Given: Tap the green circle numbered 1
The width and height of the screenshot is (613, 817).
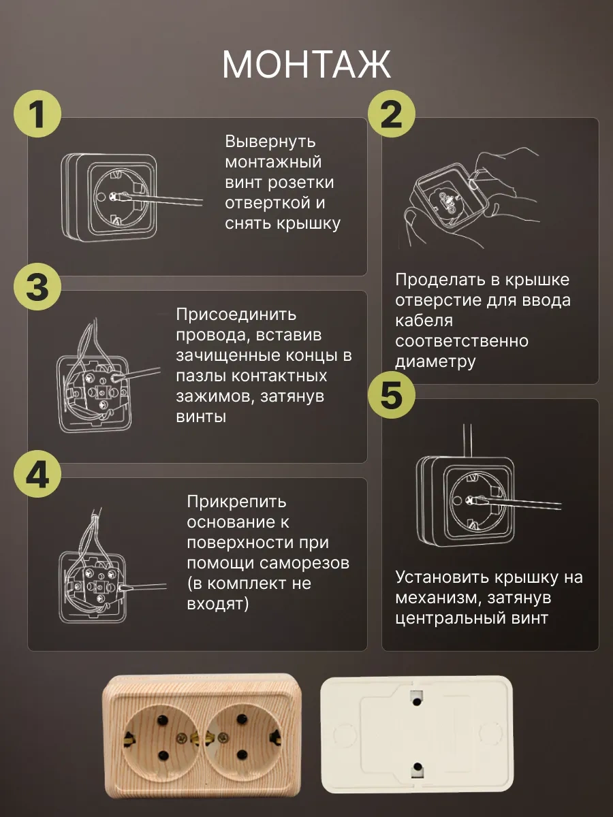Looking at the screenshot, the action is [x=37, y=114].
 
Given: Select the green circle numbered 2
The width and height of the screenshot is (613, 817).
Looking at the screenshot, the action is [x=392, y=114].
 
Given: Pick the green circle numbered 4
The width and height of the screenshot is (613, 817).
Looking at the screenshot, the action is [x=37, y=474].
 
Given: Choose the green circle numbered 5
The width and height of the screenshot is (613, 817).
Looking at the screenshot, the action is [x=392, y=394].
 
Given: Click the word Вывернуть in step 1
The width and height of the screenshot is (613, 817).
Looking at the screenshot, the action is [x=270, y=142].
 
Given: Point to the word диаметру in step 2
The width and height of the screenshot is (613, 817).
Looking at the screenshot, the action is [x=435, y=362].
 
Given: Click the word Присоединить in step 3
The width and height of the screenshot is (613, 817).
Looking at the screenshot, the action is [x=236, y=315].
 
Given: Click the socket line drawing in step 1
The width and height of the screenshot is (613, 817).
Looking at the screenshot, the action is [x=131, y=197].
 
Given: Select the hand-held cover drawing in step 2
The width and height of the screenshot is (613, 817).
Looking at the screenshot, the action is [x=471, y=198].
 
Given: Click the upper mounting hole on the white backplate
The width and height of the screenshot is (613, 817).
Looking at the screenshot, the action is [x=417, y=701].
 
